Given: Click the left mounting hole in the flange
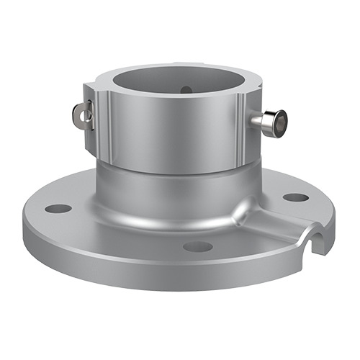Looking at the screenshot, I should click(58, 209).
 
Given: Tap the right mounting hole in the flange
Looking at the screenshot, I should click(295, 197).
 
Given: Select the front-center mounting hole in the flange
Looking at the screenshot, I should click(197, 247).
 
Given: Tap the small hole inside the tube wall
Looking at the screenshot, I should click(186, 90).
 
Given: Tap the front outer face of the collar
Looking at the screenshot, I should click(173, 137).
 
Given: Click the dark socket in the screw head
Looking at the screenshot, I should click(282, 122).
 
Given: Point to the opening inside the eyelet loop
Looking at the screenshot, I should click(78, 115).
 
